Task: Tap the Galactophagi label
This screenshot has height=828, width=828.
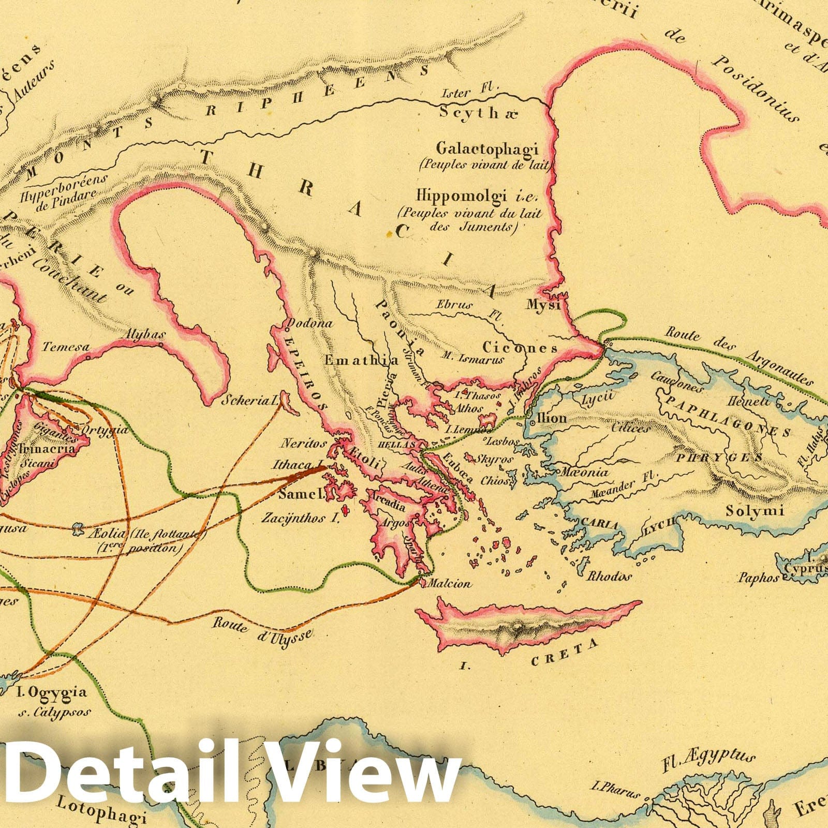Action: pyautogui.click(x=487, y=149)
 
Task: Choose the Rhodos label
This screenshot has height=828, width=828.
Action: pyautogui.click(x=609, y=576)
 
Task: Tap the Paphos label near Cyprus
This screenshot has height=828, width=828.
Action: pyautogui.click(x=758, y=577)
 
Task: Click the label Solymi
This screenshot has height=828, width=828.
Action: pyautogui.click(x=755, y=512)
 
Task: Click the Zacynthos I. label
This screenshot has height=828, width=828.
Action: pyautogui.click(x=300, y=517)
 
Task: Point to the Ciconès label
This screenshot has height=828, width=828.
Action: pyautogui.click(x=520, y=348)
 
